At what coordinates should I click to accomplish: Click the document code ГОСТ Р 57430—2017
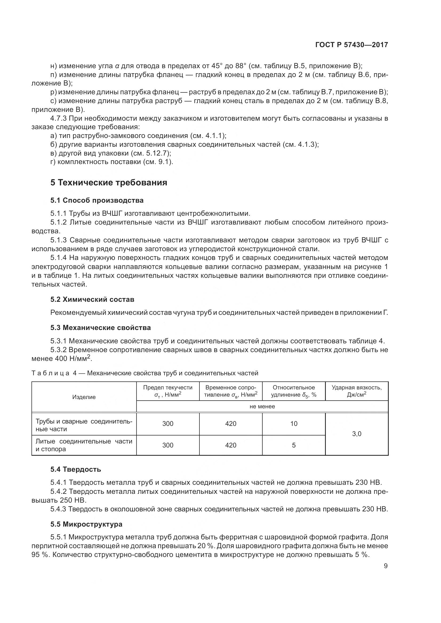click(x=352, y=45)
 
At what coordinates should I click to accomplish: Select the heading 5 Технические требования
click(x=109, y=183)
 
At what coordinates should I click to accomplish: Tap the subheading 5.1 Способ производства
click(x=97, y=200)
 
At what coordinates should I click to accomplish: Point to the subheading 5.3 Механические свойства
click(x=101, y=328)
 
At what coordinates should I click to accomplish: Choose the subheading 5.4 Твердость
click(x=75, y=469)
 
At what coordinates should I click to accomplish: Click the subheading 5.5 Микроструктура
click(x=86, y=524)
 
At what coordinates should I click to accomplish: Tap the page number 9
click(x=386, y=566)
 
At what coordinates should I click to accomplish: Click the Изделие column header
click(x=84, y=397)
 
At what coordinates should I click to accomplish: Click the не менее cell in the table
click(x=262, y=406)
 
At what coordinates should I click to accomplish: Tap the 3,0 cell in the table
click(x=356, y=434)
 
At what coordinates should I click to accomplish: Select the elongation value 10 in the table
click(x=294, y=424)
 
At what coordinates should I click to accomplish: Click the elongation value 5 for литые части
click(x=294, y=445)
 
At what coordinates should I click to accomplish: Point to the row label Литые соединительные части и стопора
click(x=84, y=445)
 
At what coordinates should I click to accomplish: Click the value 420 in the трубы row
click(x=231, y=424)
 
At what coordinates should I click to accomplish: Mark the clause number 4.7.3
click(x=59, y=118)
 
